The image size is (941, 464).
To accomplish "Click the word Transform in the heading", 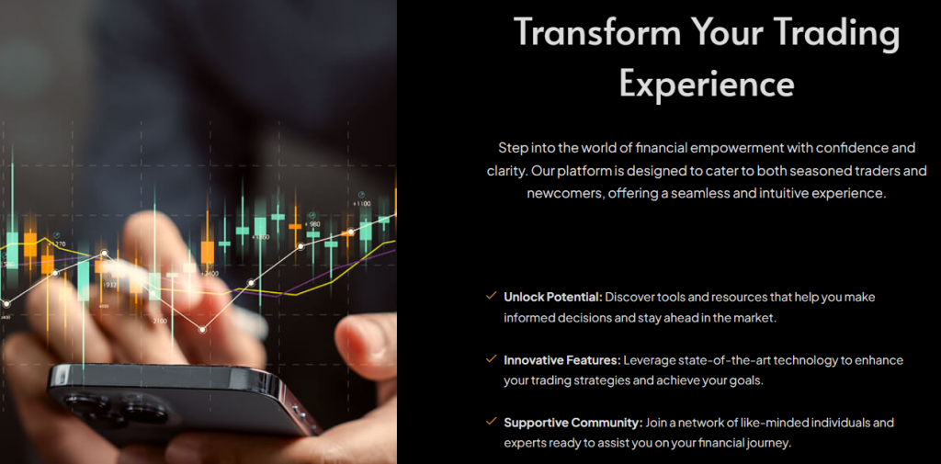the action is [598, 32].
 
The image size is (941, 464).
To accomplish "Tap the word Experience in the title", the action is [707, 83].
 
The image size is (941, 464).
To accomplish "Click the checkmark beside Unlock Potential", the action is [492, 295].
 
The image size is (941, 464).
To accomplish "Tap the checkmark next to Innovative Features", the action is [492, 358].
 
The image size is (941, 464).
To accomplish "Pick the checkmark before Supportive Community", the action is [492, 422].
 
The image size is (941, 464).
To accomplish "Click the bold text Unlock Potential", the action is [552, 297].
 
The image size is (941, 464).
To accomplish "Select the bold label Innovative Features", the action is [561, 360].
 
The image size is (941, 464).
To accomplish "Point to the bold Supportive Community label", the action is [573, 423].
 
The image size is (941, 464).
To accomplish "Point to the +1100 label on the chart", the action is [362, 204].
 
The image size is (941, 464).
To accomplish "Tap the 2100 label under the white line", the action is [160, 322].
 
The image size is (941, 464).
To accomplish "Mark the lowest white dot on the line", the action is [202, 330].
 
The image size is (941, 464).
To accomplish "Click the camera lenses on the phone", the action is [114, 406].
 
